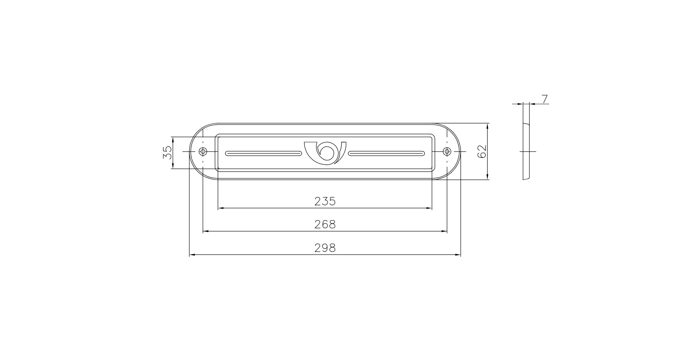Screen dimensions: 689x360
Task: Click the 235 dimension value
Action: pyautogui.click(x=325, y=201)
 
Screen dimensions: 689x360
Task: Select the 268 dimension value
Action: pyautogui.click(x=325, y=224)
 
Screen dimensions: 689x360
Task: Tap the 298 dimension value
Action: pyautogui.click(x=325, y=248)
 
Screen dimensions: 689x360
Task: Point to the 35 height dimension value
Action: pyautogui.click(x=167, y=152)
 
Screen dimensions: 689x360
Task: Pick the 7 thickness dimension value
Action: pyautogui.click(x=545, y=99)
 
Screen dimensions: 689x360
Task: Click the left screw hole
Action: pyautogui.click(x=202, y=151)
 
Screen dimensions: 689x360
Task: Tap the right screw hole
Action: pyautogui.click(x=447, y=151)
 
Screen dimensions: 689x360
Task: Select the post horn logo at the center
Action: pyautogui.click(x=325, y=151)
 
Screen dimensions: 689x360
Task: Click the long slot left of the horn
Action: pyautogui.click(x=264, y=153)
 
